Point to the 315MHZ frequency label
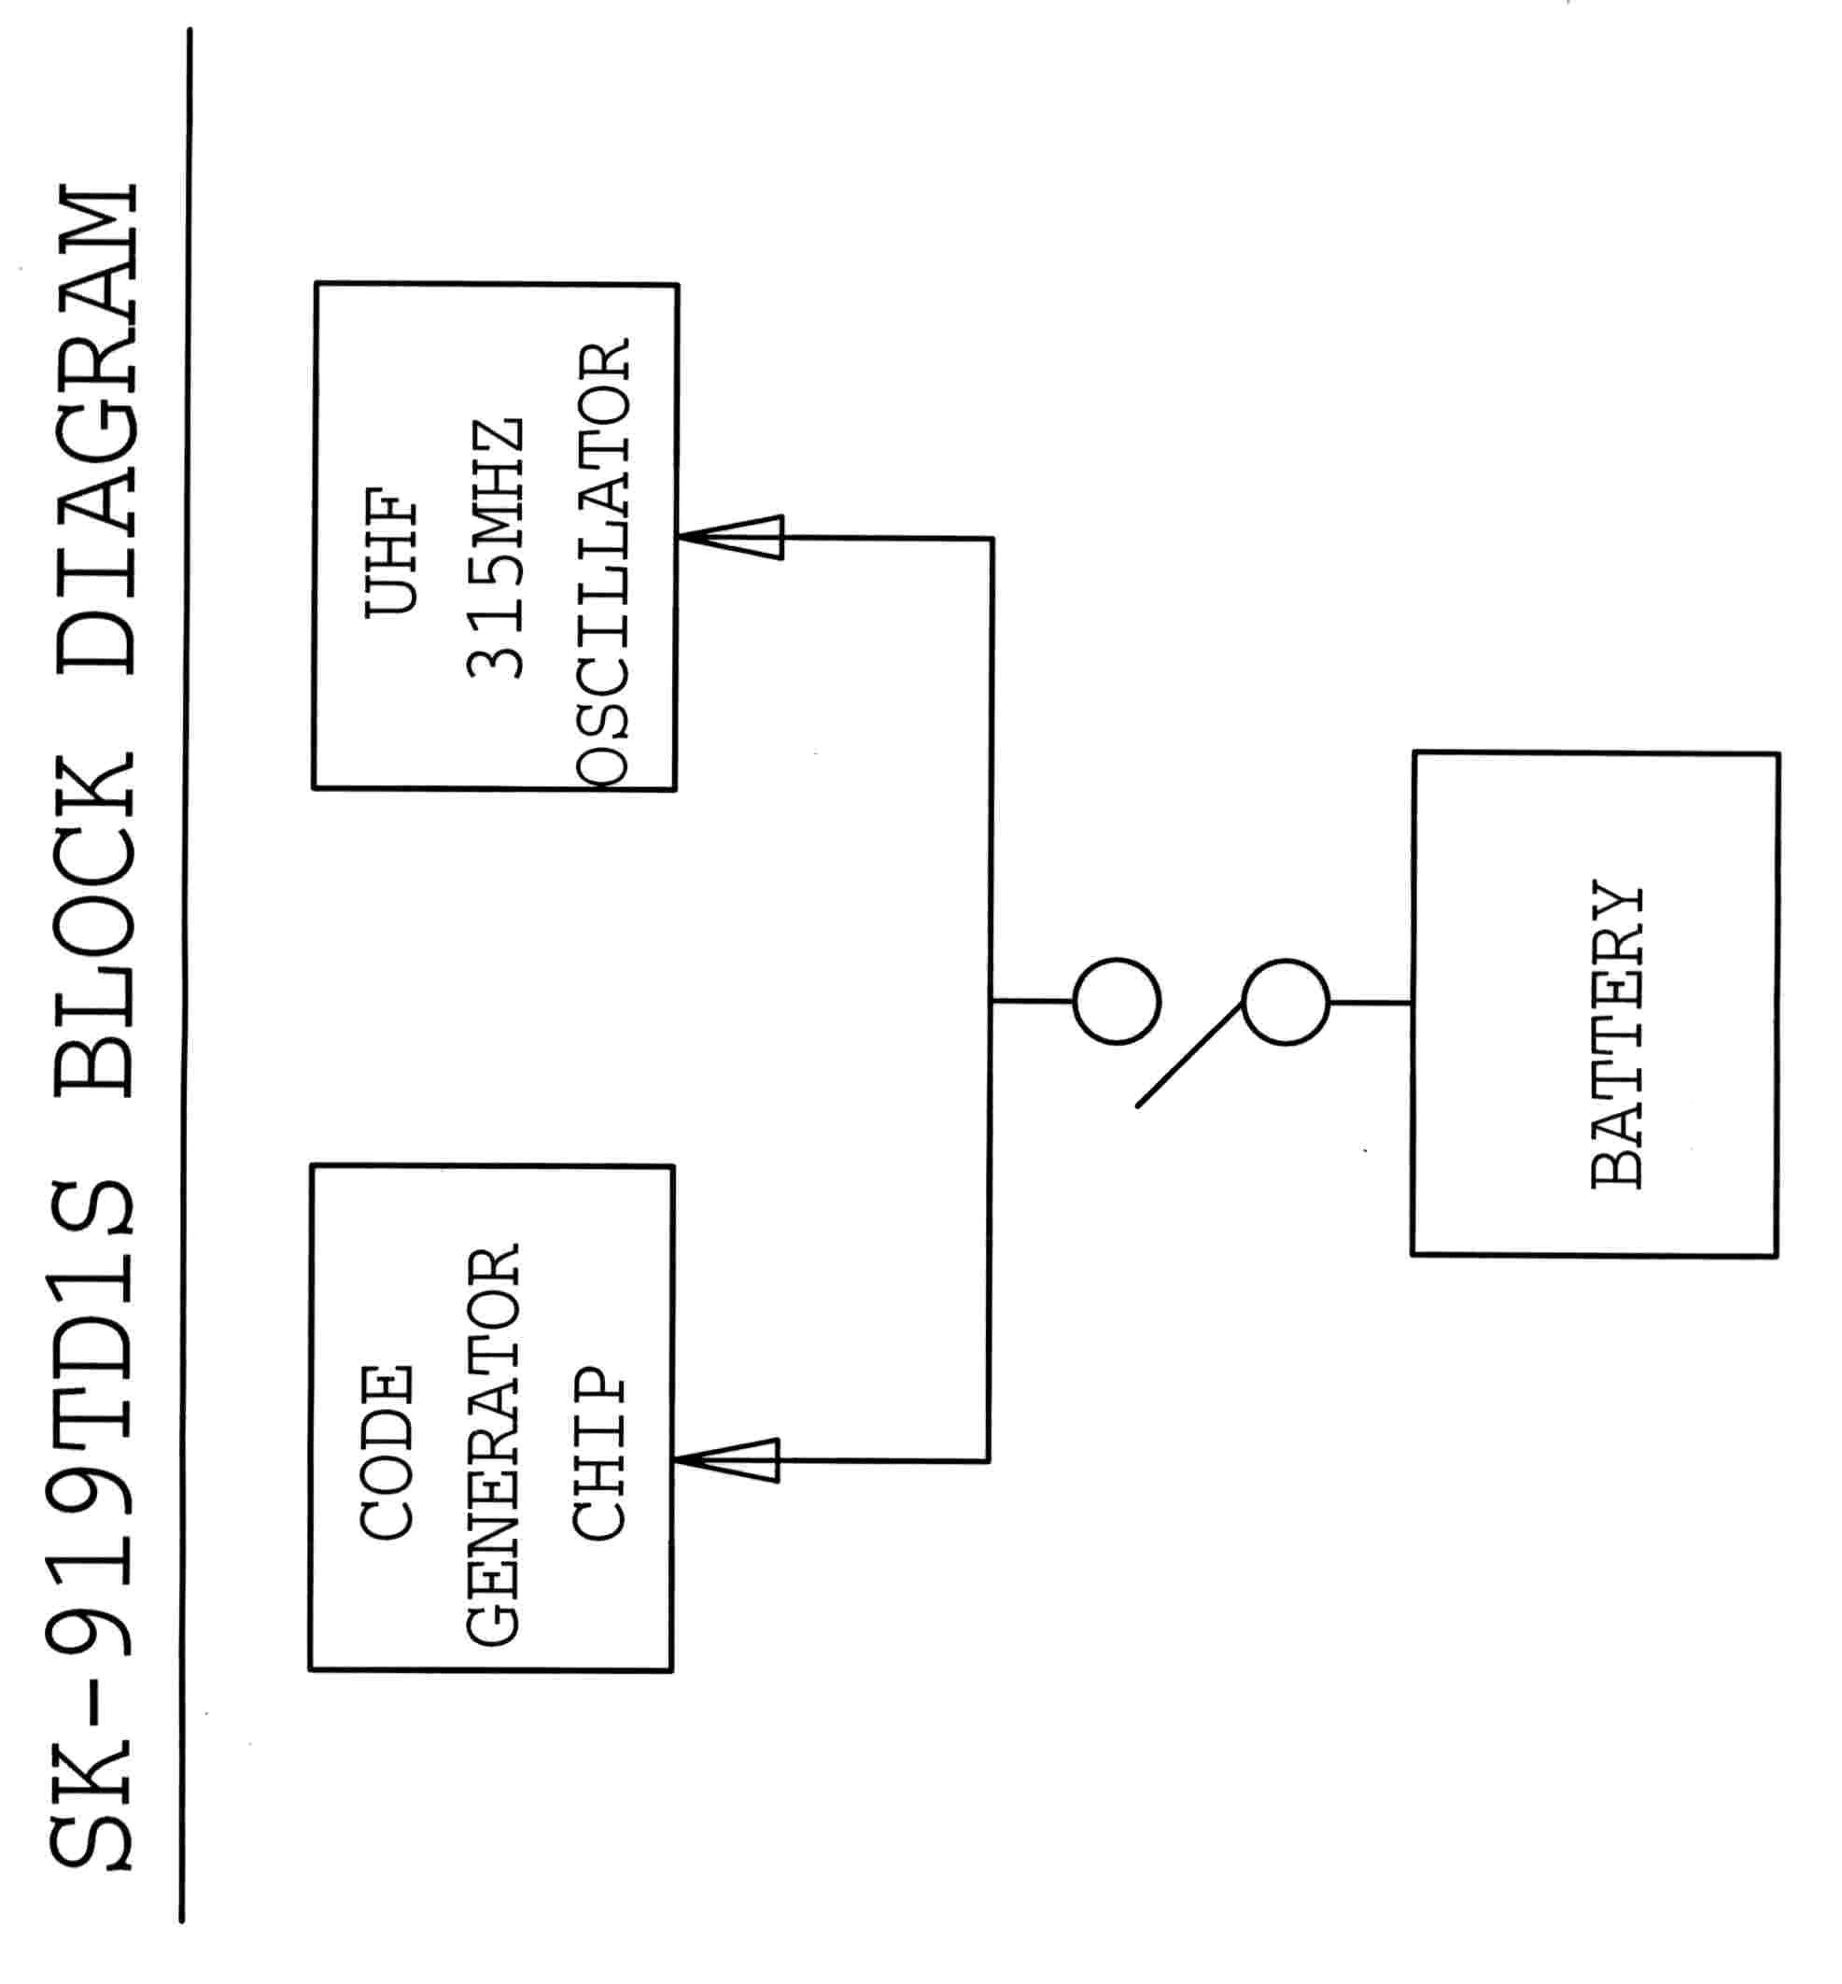(x=496, y=549)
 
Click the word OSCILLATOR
(x=602, y=564)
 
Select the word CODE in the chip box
(x=387, y=1452)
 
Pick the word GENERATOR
(x=492, y=1445)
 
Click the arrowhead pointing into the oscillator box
(x=733, y=538)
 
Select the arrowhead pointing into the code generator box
(x=727, y=1460)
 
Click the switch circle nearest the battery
(x=1286, y=1002)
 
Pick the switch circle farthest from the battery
(x=1117, y=1001)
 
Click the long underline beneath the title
(x=186, y=977)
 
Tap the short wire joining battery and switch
(x=1371, y=1002)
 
